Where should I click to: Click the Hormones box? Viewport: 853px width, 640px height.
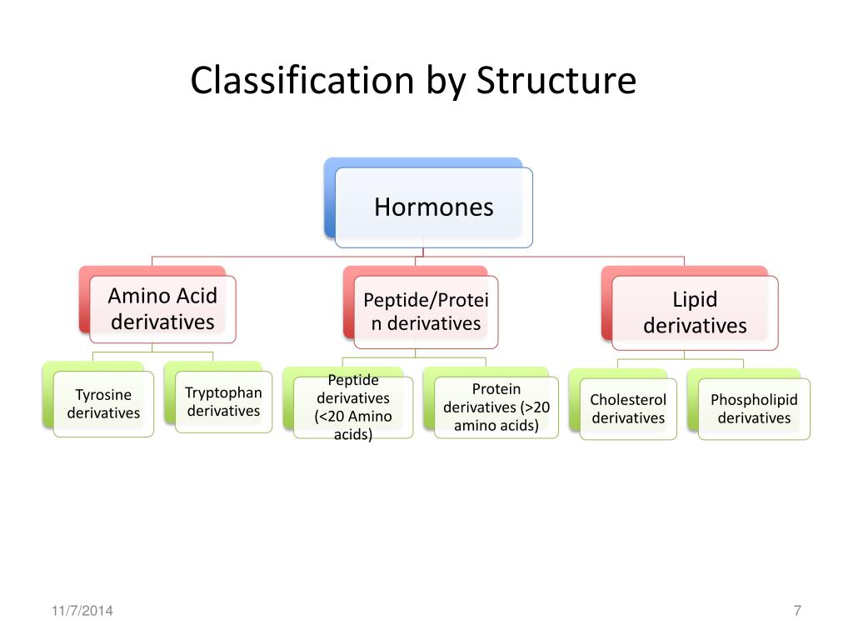tap(433, 207)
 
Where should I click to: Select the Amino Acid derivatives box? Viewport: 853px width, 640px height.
tap(162, 309)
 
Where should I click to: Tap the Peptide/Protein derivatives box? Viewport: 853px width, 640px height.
tap(426, 312)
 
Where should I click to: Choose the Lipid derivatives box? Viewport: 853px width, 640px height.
tap(695, 312)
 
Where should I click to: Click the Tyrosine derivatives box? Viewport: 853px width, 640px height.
tap(103, 404)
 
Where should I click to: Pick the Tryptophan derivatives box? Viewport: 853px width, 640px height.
tap(223, 402)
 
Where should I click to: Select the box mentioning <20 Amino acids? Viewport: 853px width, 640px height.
tap(353, 407)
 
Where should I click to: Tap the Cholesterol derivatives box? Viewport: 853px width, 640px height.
tap(628, 409)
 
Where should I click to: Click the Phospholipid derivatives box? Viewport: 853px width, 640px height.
tap(754, 409)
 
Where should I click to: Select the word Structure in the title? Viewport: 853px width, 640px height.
tap(556, 81)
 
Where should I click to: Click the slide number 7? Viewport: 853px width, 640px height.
tap(797, 612)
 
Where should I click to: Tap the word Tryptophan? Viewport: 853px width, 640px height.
tap(223, 392)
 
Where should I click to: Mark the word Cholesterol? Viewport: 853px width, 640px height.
tap(628, 400)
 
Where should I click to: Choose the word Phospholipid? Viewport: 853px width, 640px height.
tap(754, 400)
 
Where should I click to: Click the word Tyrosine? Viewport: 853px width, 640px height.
tap(103, 395)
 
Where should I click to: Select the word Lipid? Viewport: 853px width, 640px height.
tap(695, 300)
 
